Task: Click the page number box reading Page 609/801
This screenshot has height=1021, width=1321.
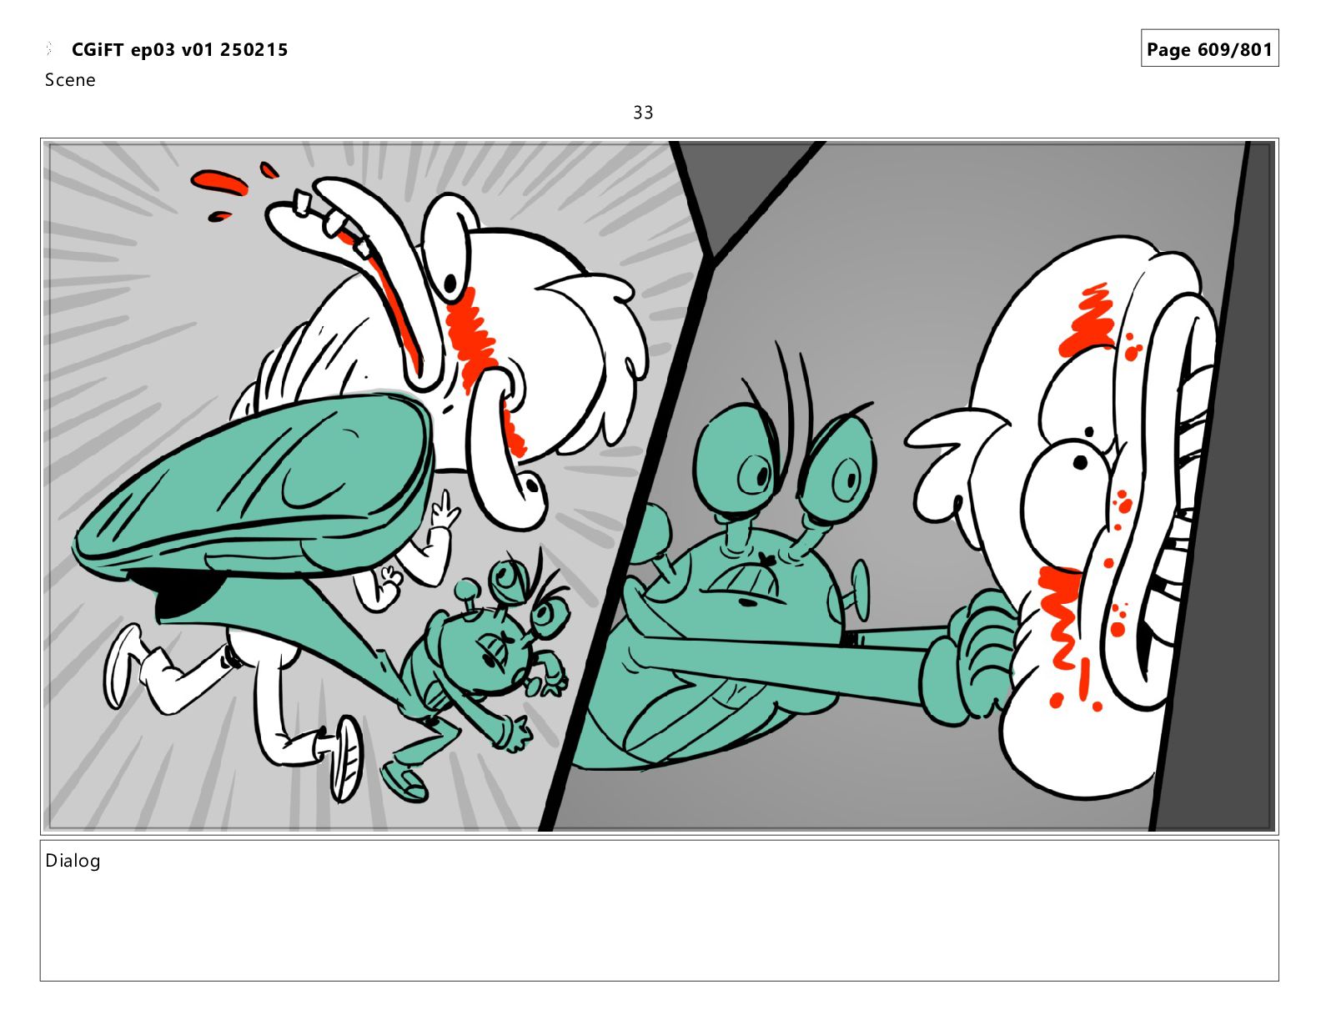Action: pyautogui.click(x=1209, y=48)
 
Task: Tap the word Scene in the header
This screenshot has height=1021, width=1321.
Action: pyautogui.click(x=70, y=79)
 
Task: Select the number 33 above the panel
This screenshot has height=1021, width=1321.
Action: pyautogui.click(x=642, y=113)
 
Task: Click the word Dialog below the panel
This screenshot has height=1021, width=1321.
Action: pyautogui.click(x=73, y=861)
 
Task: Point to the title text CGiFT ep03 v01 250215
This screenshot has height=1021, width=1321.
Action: pyautogui.click(x=179, y=49)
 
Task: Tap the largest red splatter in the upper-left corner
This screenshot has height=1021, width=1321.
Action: pyautogui.click(x=218, y=182)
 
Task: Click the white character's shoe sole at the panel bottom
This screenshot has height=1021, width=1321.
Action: pyautogui.click(x=346, y=757)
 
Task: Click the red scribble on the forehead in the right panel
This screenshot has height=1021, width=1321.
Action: pyautogui.click(x=1089, y=320)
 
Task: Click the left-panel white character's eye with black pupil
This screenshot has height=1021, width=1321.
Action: pyautogui.click(x=449, y=249)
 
